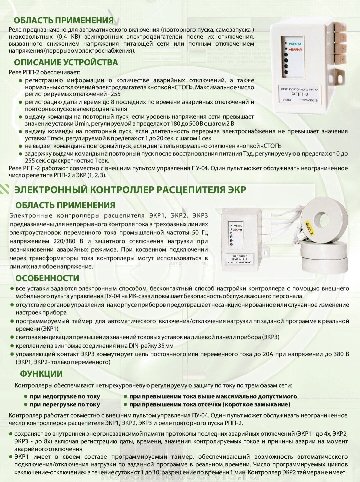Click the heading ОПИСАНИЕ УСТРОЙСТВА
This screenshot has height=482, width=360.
click(66, 62)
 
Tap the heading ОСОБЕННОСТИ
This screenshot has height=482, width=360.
click(47, 278)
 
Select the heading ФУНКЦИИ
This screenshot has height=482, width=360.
click(41, 374)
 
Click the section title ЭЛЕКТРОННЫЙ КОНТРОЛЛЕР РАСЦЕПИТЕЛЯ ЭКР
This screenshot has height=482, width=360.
click(130, 190)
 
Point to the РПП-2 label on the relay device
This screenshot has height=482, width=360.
click(300, 94)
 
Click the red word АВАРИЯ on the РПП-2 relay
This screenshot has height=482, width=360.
click(295, 50)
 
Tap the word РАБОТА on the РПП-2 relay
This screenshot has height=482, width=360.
click(295, 44)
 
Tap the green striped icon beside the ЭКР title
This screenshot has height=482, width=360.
click(5, 189)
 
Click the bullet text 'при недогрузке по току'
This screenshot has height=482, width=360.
click(65, 396)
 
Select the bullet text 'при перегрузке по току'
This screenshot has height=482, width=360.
click(65, 404)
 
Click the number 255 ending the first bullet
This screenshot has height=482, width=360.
click(116, 94)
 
